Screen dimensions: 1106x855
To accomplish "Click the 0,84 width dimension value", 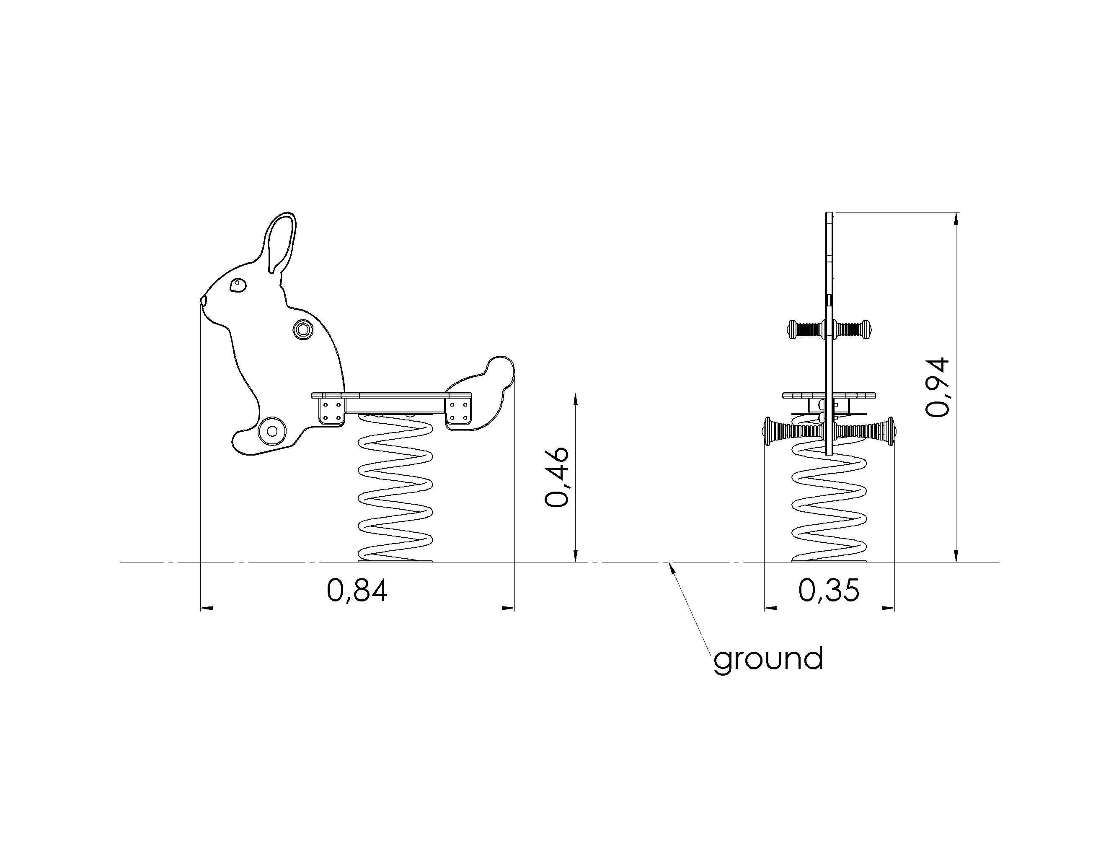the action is (357, 591).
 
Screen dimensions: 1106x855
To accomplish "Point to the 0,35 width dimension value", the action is (829, 591).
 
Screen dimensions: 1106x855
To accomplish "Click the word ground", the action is (768, 659).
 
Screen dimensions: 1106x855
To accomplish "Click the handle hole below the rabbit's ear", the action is (303, 330).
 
